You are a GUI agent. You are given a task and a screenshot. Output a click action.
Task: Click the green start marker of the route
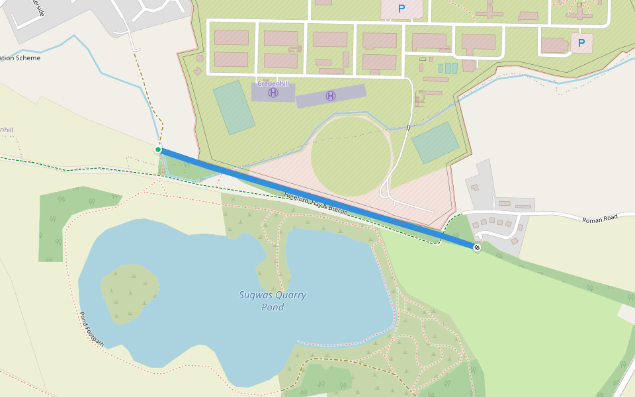[x=158, y=150]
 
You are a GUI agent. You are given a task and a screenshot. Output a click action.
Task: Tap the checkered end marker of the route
[x=476, y=247]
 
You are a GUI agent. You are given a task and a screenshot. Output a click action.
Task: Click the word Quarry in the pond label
[x=290, y=295]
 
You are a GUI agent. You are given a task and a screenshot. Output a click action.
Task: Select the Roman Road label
[x=599, y=219]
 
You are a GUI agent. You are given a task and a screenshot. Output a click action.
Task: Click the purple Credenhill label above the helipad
[x=273, y=84]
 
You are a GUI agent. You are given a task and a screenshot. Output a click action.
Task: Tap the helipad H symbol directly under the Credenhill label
[x=273, y=93]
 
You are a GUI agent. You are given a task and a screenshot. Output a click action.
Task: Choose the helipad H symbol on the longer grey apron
[x=331, y=97]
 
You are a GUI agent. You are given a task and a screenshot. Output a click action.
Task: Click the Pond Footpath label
[x=92, y=330]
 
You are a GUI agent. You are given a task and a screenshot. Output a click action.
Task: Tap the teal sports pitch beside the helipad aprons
[x=234, y=107]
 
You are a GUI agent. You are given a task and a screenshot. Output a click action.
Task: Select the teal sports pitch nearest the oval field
[x=435, y=142]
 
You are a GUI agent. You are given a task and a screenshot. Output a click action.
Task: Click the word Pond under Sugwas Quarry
[x=273, y=307]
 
